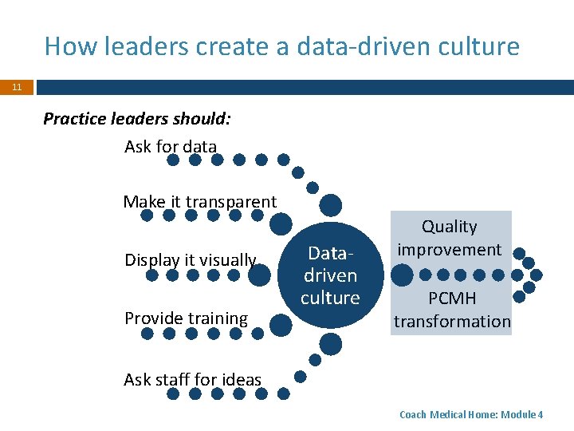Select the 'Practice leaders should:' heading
pyautogui.click(x=137, y=119)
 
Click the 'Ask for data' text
pyautogui.click(x=171, y=147)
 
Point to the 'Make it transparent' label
pyautogui.click(x=199, y=202)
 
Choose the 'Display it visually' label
pyautogui.click(x=190, y=260)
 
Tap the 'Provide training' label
pyautogui.click(x=186, y=318)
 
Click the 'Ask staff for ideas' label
pyautogui.click(x=192, y=380)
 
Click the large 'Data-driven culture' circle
pyautogui.click(x=330, y=275)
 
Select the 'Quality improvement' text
pyautogui.click(x=450, y=238)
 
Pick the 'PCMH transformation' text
pyautogui.click(x=451, y=310)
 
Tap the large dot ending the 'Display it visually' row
pyautogui.click(x=259, y=275)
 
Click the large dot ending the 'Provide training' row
pyautogui.click(x=280, y=324)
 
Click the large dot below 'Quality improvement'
pyautogui.click(x=403, y=275)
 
